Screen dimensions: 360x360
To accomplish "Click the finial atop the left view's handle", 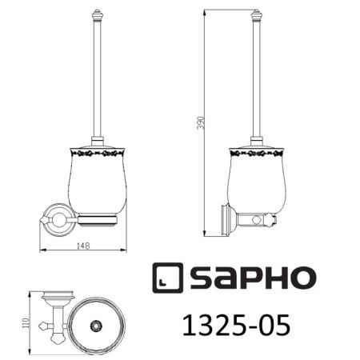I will coord(97,16).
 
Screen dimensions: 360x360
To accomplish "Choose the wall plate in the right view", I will coord(223,218).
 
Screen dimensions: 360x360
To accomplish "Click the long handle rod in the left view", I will coord(97,80).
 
